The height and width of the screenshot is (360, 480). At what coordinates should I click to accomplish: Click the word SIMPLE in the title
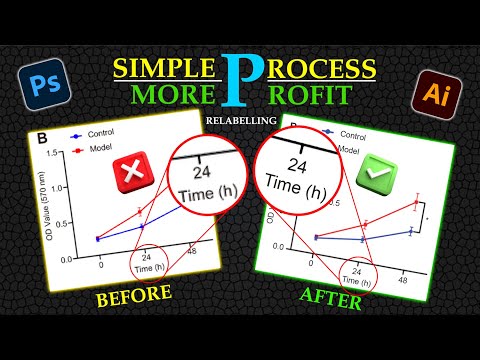pyautogui.click(x=164, y=68)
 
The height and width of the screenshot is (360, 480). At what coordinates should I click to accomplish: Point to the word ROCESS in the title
pyautogui.click(x=320, y=68)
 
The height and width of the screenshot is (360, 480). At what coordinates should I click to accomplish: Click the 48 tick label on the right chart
pyautogui.click(x=402, y=283)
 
